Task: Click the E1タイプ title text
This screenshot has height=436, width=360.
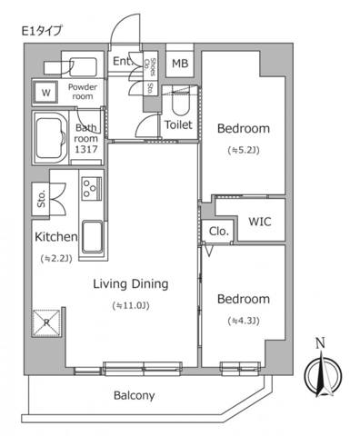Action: (x=42, y=31)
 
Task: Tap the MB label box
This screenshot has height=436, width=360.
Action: (x=180, y=64)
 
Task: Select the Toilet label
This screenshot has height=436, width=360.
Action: (x=178, y=124)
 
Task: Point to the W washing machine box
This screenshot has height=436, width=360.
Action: (x=45, y=93)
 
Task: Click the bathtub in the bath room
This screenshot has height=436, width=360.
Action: (x=51, y=138)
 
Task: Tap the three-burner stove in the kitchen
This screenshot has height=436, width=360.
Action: (x=91, y=188)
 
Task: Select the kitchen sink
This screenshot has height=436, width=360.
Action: (x=92, y=236)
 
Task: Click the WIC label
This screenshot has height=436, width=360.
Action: (x=260, y=222)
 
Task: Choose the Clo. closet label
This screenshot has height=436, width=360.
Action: (x=218, y=232)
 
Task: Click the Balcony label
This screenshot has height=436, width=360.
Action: (x=135, y=395)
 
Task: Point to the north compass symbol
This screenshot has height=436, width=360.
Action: (x=323, y=372)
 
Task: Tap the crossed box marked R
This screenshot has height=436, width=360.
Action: (x=46, y=322)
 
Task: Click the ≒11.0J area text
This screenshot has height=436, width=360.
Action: (x=131, y=306)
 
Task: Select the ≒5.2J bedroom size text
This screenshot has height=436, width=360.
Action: (x=244, y=151)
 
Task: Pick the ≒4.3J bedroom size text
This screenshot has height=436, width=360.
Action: (x=244, y=321)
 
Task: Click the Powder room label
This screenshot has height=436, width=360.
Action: (x=83, y=92)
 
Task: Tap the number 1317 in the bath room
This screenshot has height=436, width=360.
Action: (x=86, y=149)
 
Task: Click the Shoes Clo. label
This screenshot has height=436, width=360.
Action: (x=150, y=67)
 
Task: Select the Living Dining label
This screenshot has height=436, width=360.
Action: (x=131, y=284)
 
